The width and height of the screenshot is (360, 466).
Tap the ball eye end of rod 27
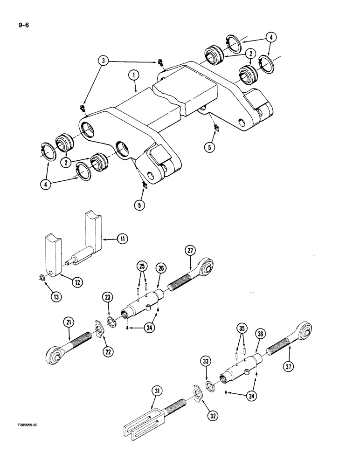coord(205,267)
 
